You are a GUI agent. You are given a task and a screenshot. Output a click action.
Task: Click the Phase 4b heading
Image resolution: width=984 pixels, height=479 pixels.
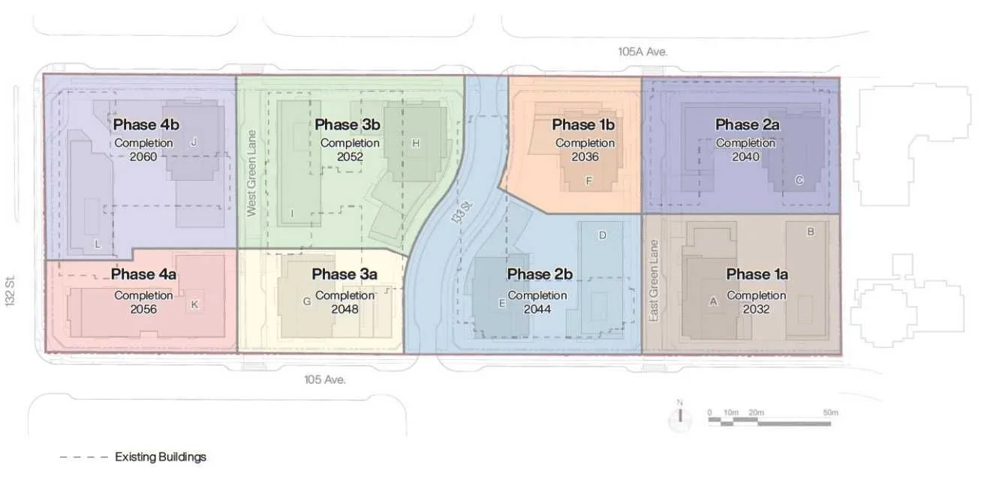point(146,124)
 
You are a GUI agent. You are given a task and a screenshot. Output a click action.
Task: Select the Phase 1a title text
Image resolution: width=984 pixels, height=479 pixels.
point(757,274)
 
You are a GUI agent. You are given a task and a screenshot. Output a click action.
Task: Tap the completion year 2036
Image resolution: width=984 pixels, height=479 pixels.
point(585,157)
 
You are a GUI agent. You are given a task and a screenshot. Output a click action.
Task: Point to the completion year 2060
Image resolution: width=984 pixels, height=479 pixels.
point(143,157)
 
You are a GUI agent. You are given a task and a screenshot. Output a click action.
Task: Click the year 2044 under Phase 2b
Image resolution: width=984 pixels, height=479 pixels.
point(537,310)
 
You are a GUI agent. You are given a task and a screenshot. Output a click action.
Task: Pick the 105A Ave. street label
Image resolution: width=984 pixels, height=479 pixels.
point(642,52)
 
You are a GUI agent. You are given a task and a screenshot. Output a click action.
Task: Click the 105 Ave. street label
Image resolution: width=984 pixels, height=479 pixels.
point(325,379)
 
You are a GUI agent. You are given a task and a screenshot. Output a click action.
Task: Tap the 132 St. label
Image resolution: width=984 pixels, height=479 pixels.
point(10,290)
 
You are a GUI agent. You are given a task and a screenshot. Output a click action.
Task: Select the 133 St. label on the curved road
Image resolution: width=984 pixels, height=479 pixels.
point(462,212)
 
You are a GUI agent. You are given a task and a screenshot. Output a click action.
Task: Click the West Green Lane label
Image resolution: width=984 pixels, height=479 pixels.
point(251,173)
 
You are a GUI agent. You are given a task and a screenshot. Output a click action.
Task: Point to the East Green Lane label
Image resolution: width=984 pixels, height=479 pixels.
point(654,281)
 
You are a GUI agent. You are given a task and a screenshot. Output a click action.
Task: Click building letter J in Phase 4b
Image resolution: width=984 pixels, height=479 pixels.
point(194,142)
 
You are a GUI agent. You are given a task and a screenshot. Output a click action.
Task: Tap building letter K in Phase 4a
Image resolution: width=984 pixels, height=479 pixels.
point(194,304)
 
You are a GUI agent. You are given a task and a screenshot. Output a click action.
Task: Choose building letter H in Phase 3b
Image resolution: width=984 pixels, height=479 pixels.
point(416,143)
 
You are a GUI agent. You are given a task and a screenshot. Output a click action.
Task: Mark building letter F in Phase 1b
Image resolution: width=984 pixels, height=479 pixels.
point(589,181)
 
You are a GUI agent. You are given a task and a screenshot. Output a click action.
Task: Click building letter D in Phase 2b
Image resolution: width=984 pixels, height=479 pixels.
point(602,235)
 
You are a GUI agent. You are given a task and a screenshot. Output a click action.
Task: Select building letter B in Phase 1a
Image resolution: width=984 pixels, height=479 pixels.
point(811,232)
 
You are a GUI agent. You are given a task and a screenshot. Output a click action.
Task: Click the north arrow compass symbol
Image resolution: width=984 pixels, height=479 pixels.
point(680,417)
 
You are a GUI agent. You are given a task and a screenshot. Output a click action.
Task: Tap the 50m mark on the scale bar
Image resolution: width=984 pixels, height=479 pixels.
point(830,412)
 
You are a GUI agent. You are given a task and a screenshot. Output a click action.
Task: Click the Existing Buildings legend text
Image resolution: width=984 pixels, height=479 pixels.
point(161,457)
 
